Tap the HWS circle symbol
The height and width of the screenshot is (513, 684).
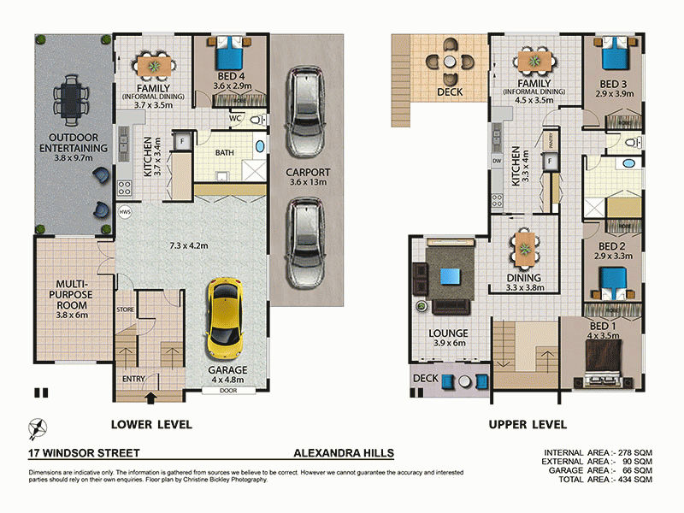tap(125, 211)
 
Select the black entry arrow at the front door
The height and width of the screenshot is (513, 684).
tap(152, 397)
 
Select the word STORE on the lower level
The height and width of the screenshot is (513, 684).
tap(125, 310)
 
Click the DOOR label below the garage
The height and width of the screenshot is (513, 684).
tap(227, 391)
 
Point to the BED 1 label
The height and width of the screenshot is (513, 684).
tap(603, 327)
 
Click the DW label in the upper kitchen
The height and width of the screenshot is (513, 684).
tap(496, 160)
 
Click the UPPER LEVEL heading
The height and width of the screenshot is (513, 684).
tap(528, 424)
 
